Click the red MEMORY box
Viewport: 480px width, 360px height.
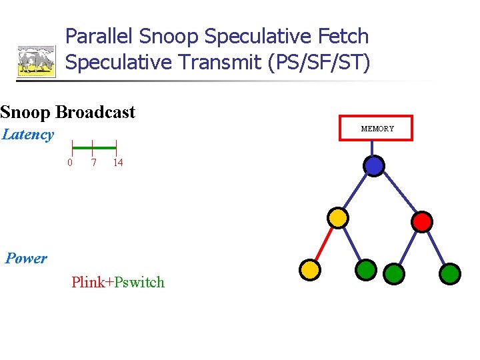[377, 128]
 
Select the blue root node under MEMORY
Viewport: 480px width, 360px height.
[375, 165]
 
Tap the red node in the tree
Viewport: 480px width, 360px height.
[422, 221]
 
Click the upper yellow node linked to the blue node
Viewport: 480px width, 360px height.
[338, 217]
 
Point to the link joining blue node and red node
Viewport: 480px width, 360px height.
[399, 193]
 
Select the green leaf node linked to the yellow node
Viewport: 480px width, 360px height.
[365, 269]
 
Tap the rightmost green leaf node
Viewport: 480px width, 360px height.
[451, 273]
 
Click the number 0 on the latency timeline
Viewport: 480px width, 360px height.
[70, 163]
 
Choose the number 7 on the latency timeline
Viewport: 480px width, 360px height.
[93, 163]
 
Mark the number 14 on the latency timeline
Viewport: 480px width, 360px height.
[117, 163]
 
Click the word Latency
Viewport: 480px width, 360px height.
[28, 135]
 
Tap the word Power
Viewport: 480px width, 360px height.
[26, 259]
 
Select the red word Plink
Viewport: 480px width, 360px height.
[87, 282]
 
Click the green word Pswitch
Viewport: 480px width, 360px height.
[139, 282]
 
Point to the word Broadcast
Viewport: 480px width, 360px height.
[96, 112]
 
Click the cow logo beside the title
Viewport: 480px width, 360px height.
[36, 61]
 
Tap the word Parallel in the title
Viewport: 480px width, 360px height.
[101, 36]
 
